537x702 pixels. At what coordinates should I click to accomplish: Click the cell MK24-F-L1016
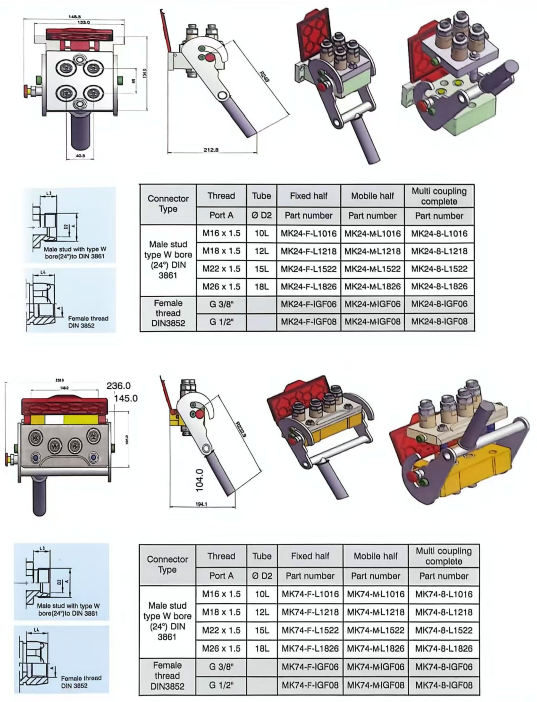pos(309,234)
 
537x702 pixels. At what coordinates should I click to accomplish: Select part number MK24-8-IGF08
pos(439,322)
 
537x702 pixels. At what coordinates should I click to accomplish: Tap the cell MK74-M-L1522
pos(376,630)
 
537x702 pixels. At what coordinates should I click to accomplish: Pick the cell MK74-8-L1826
pos(444,649)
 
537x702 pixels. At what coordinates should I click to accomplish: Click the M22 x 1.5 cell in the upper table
pos(221,269)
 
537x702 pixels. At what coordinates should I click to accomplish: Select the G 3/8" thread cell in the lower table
pos(221,667)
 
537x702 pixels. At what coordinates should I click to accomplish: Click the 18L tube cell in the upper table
pos(261,286)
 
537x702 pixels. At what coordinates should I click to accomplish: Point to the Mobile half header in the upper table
pos(372,196)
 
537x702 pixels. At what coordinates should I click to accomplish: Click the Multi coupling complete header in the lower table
pos(444,556)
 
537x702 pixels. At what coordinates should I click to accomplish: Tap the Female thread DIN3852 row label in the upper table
pos(168,313)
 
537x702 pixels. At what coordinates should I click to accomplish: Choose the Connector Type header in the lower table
pos(168,564)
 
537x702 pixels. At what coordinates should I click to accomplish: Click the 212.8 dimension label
pos(211,150)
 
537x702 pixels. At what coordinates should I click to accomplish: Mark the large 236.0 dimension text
pos(118,386)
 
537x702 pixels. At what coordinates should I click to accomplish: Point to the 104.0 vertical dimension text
pos(199,480)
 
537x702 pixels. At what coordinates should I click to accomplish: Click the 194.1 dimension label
pos(201,504)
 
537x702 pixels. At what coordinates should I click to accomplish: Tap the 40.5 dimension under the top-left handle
pos(80,156)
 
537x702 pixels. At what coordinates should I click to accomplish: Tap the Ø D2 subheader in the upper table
pos(261,216)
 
